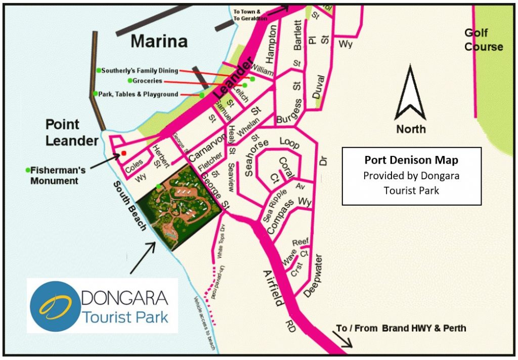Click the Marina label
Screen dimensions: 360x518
pyautogui.click(x=159, y=42)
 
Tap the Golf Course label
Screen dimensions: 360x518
pyautogui.click(x=484, y=40)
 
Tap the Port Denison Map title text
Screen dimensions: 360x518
pyautogui.click(x=411, y=161)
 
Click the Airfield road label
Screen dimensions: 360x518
pyautogui.click(x=276, y=286)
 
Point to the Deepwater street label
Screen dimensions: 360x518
pyautogui.click(x=314, y=274)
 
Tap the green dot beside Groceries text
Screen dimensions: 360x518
pyautogui.click(x=130, y=81)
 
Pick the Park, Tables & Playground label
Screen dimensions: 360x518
pyautogui.click(x=139, y=94)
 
